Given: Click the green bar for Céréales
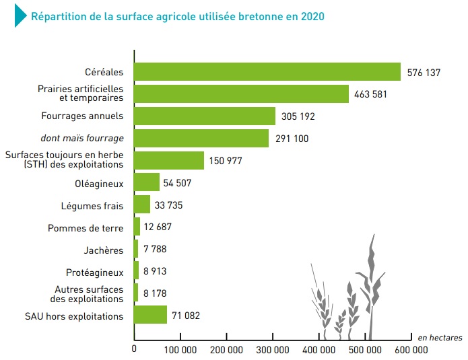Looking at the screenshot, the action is [267, 71].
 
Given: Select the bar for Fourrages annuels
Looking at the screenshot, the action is [205, 116].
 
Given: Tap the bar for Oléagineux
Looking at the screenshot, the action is [147, 182].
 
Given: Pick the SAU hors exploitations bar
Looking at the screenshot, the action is [150, 314].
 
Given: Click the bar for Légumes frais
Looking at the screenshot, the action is [142, 205].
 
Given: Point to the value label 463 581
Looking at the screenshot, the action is [370, 94].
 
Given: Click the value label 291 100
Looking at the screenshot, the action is [292, 139].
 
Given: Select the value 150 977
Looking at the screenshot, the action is [226, 161].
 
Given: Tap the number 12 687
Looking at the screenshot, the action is [158, 227].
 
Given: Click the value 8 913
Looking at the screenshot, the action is [155, 271].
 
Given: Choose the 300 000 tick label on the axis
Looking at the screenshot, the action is [273, 349].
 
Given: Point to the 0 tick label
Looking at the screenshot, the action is [134, 349].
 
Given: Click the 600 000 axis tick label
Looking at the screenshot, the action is [411, 349].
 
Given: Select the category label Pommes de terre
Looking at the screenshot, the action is [86, 228].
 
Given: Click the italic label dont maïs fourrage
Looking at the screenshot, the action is [82, 138].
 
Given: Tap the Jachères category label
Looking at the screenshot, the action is [103, 250].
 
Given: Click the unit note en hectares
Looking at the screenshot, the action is [440, 338].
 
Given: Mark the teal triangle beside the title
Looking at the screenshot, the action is [20, 15].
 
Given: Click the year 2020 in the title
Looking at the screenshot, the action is [312, 16].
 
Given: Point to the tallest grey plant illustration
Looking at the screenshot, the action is [371, 287].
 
